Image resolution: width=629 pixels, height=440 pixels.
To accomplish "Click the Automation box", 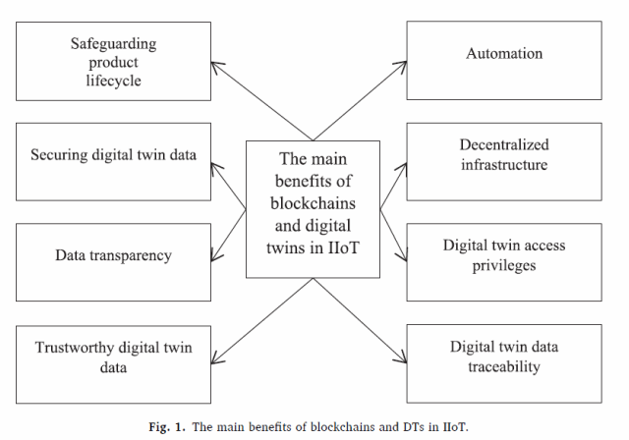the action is point(504,60).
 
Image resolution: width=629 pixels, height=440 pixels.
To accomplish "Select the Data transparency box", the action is point(114,262).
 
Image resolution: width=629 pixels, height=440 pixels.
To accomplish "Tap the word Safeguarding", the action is point(114,43).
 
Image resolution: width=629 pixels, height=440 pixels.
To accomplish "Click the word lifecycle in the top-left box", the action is point(114,81).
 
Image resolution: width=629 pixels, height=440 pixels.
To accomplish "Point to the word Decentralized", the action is point(504,144).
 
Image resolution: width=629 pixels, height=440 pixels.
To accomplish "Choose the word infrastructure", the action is point(504,165).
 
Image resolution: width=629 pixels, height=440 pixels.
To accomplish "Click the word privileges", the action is point(504,266).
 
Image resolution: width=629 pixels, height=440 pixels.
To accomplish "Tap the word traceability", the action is point(504,366).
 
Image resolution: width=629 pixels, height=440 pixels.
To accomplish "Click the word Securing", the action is point(59,155).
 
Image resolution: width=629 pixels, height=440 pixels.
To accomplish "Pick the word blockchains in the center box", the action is point(313,203).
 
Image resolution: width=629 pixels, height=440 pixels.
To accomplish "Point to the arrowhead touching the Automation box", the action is point(401,66).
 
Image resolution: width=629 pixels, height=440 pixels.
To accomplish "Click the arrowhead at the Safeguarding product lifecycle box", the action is point(216,66).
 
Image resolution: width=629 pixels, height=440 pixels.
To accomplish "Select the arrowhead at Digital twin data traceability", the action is point(402,358).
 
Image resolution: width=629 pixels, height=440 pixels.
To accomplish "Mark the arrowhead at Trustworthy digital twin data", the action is point(216,359).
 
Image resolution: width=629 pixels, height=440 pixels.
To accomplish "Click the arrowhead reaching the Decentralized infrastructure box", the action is point(402,168).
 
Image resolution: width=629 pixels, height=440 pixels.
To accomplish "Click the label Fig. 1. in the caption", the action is point(167,427).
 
